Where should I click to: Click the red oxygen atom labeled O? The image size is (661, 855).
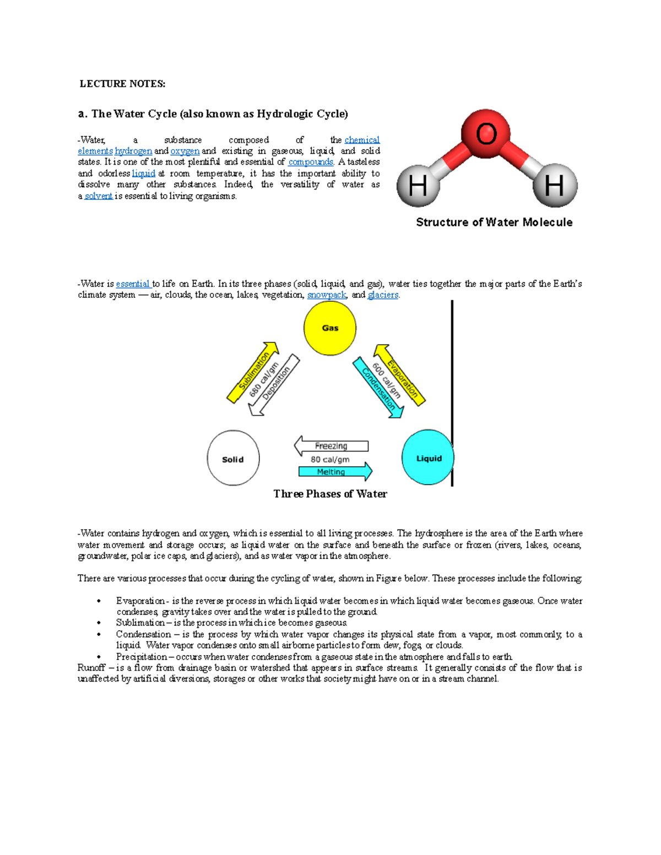(486, 134)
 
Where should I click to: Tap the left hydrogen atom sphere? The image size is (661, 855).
(418, 185)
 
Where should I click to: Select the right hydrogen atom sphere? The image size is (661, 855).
(555, 185)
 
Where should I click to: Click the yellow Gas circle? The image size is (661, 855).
(330, 328)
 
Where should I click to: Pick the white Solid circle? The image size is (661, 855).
(233, 458)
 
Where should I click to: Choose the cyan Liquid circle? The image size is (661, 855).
(428, 458)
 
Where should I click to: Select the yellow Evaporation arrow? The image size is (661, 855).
(400, 375)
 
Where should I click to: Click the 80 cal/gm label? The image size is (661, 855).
(330, 459)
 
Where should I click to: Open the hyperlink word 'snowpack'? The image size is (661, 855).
(327, 295)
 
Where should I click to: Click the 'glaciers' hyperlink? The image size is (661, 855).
(383, 295)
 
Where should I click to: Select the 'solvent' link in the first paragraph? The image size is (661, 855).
(99, 196)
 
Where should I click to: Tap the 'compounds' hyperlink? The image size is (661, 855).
(311, 162)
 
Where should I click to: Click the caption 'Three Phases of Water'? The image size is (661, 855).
(330, 494)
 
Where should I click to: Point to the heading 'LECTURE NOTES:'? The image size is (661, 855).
(122, 84)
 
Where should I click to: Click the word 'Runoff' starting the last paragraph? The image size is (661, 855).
(91, 668)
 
